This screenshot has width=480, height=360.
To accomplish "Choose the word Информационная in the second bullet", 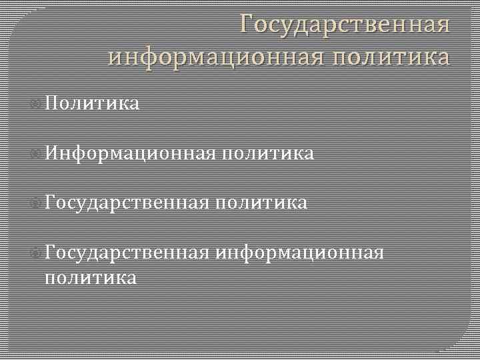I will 131,154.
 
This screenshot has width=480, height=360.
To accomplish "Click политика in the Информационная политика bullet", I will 267,154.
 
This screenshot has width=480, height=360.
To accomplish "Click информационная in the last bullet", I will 300,253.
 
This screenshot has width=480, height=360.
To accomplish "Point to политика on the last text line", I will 89,277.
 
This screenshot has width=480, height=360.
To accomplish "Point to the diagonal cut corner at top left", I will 23,23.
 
